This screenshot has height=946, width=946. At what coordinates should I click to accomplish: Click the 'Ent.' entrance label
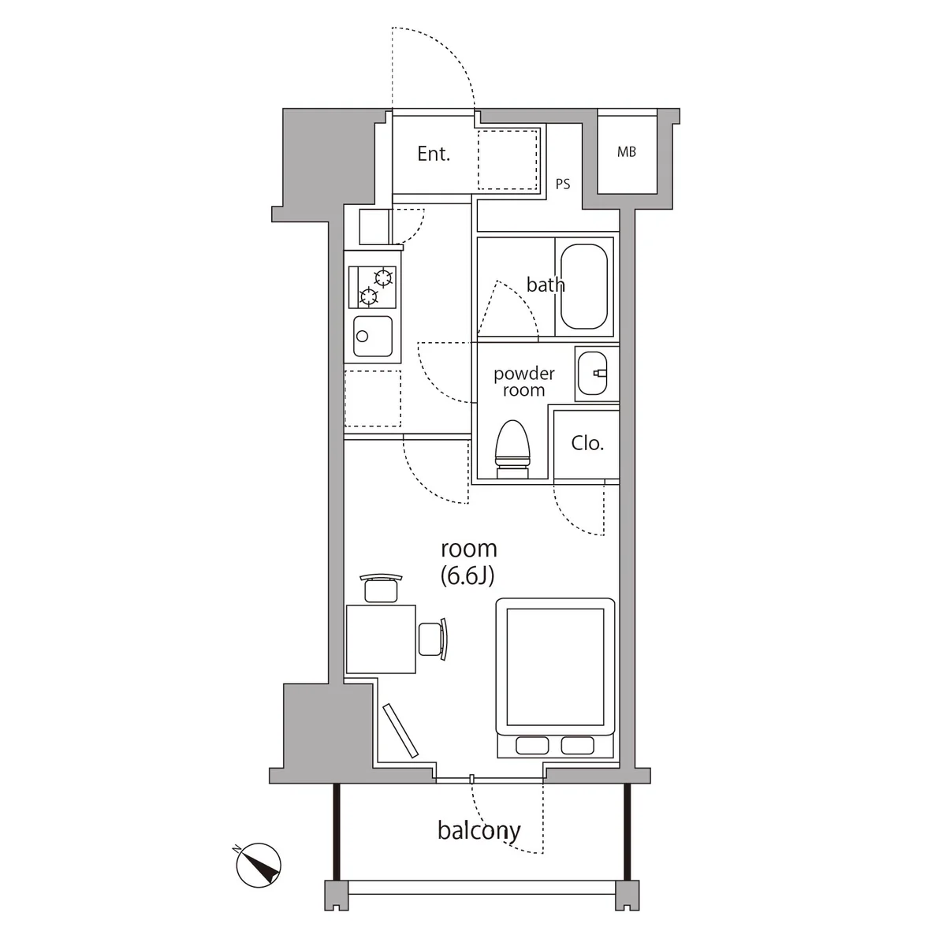(x=434, y=154)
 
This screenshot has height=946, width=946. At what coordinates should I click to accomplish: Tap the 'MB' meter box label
(x=627, y=152)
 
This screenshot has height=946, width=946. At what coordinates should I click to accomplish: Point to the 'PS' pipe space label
(x=563, y=184)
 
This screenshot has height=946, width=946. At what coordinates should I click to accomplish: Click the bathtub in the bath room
(x=584, y=287)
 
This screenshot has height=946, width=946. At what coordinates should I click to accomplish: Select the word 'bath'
(x=546, y=285)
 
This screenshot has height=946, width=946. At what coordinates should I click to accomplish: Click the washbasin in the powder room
(x=592, y=374)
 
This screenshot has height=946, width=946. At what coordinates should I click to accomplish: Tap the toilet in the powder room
(x=513, y=449)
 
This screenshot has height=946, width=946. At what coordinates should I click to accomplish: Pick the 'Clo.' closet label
(x=587, y=443)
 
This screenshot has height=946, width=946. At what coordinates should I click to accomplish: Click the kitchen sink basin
(x=373, y=337)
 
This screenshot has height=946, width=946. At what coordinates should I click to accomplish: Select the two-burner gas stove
(x=373, y=287)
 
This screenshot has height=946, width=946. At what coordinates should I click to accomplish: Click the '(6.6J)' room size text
(x=467, y=575)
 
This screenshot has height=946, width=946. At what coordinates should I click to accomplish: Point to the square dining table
(x=381, y=639)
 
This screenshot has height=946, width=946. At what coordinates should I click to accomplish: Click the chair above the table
(x=381, y=587)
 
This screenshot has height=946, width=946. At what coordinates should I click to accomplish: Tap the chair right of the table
(x=433, y=639)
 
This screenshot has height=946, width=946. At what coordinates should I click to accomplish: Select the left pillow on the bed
(x=532, y=745)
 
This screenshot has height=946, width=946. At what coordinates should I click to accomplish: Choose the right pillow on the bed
(x=577, y=745)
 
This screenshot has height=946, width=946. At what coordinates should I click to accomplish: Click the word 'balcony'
(x=479, y=831)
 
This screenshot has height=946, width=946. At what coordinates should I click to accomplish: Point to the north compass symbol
(x=258, y=866)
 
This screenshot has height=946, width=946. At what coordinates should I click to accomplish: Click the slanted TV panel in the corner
(x=400, y=731)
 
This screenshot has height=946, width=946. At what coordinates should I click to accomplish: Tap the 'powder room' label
(x=523, y=382)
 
